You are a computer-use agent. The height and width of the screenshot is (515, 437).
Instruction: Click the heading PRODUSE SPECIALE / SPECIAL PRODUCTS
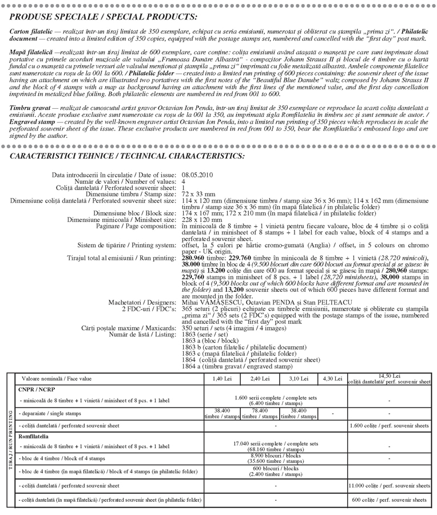pos(104,17)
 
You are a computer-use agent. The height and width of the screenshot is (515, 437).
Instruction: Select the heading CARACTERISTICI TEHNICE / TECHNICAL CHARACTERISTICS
pos(128,156)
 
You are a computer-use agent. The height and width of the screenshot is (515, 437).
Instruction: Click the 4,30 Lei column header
pos(333,379)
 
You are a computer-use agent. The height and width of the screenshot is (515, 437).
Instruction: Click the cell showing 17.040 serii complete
pos(276,445)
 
